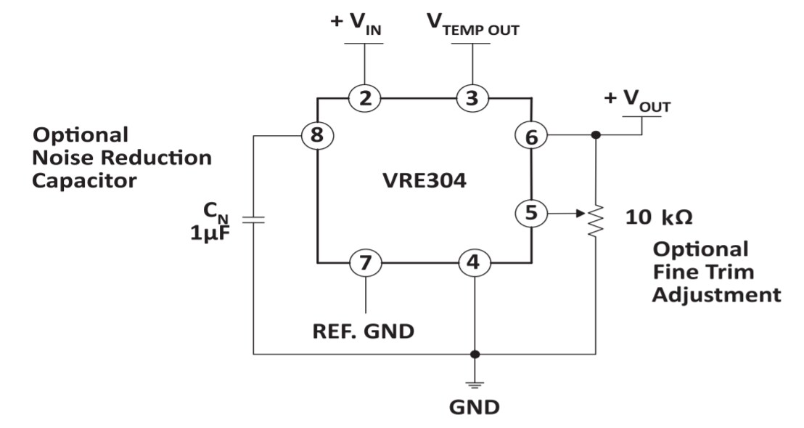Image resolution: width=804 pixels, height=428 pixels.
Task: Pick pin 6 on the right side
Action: click(x=530, y=135)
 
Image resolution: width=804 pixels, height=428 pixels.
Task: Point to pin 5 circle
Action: click(x=530, y=214)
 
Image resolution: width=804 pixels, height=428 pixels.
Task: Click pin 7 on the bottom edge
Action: click(x=365, y=262)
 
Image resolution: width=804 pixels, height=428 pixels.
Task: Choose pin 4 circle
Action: click(x=474, y=262)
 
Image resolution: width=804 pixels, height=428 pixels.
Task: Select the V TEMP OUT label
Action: click(x=472, y=23)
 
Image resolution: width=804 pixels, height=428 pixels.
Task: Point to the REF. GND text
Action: click(x=363, y=331)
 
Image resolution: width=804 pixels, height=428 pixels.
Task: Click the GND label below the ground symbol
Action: click(x=474, y=407)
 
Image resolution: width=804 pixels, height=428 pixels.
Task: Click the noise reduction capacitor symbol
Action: click(x=253, y=218)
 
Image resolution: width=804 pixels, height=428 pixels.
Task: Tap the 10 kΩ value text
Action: click(x=659, y=217)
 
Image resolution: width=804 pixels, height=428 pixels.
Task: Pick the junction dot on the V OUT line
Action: click(x=596, y=135)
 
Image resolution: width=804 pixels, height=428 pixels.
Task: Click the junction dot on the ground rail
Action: click(x=474, y=355)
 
